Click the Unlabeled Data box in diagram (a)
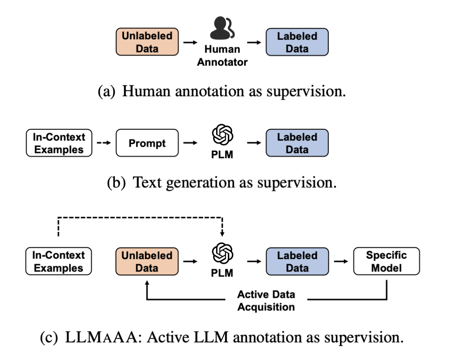point(147,42)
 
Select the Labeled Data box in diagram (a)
point(297,42)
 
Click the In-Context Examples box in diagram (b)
point(59,143)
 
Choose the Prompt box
point(147,143)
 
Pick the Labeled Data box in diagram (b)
point(297,143)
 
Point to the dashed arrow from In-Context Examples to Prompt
point(103,143)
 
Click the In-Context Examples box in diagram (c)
point(59,261)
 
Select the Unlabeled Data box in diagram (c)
point(147,261)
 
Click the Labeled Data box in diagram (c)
point(297,261)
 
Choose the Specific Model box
point(386,261)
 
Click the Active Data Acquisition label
point(266,300)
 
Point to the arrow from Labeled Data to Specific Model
point(341,261)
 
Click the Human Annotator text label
point(222,55)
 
